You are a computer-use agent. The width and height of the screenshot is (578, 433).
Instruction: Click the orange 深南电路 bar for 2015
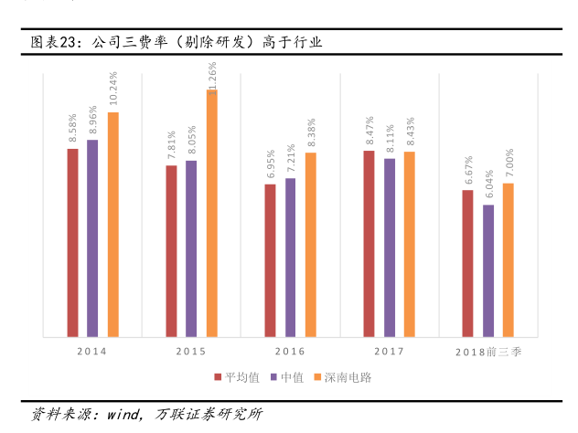tap(212, 213)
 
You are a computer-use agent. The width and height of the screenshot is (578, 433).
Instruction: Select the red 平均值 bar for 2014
tap(72, 242)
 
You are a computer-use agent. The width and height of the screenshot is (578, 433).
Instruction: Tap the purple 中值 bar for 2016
tap(290, 257)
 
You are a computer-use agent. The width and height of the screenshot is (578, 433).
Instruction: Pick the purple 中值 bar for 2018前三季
tap(488, 270)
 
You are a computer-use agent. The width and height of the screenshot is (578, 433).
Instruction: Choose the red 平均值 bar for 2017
tap(369, 243)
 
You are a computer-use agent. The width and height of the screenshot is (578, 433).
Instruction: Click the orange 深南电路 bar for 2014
tap(113, 224)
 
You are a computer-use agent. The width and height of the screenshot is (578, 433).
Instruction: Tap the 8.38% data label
tap(311, 133)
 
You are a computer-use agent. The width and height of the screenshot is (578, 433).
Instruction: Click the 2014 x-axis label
tap(91, 351)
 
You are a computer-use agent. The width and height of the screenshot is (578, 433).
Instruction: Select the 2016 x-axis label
tap(289, 351)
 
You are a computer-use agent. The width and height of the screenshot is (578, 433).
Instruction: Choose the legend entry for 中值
tap(289, 376)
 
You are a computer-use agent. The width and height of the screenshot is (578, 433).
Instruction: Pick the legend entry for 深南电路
tap(340, 376)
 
